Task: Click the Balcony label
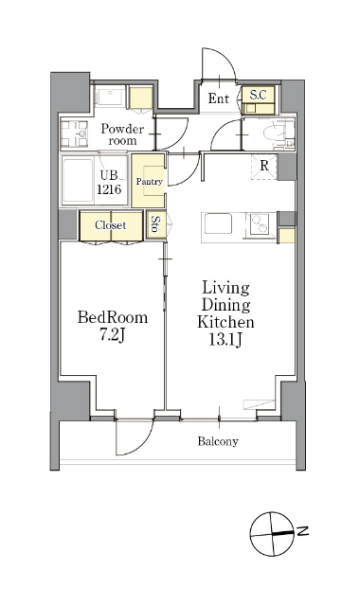coord(218,441)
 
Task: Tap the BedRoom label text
coord(113,317)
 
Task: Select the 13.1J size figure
coord(225,339)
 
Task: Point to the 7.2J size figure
coord(112,334)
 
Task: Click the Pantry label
coord(149,181)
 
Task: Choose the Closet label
coord(111,225)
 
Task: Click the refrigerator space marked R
coord(264,167)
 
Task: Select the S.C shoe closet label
coord(258,95)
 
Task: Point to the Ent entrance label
coord(219,98)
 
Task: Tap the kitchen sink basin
coord(219,224)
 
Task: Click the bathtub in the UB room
coord(78,181)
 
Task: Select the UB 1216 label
coord(109,182)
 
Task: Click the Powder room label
coord(122,134)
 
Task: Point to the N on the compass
coord(303,531)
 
